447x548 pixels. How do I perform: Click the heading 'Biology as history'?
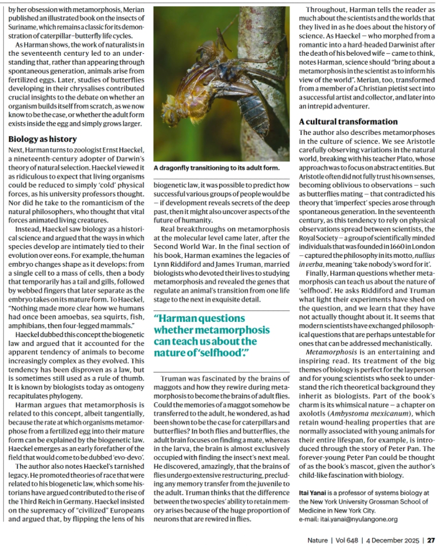[x=43, y=139]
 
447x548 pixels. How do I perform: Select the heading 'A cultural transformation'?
[x=348, y=122]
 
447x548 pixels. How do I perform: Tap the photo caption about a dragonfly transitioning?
[x=216, y=168]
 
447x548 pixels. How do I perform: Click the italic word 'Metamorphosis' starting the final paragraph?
[x=328, y=352]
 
